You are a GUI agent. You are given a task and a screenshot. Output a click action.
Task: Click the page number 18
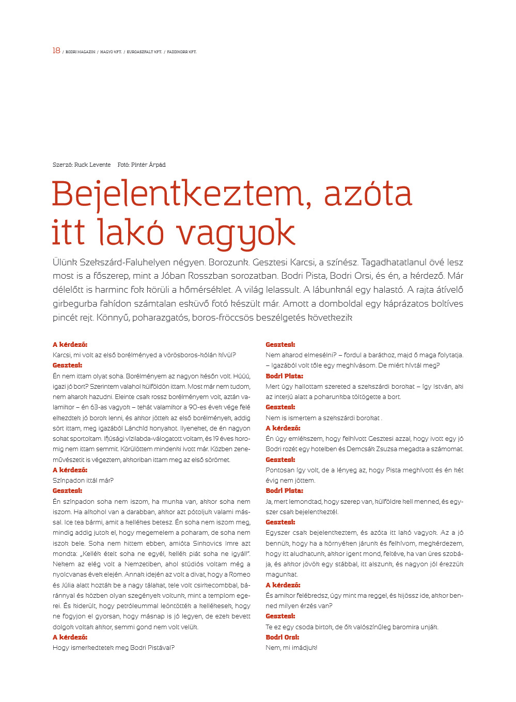coord(56,51)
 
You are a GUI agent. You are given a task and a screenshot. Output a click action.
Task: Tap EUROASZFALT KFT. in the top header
coord(145,52)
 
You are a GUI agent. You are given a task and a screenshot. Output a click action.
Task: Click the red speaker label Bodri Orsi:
coord(283,637)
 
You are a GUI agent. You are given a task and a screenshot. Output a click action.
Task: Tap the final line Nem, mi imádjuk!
coord(291,647)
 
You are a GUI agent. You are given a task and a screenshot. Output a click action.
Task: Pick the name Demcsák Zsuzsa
coord(383,449)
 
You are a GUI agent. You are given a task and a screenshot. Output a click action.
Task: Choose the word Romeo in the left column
coord(240,575)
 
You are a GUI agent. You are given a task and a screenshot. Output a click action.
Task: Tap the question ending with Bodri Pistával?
coord(114,647)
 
